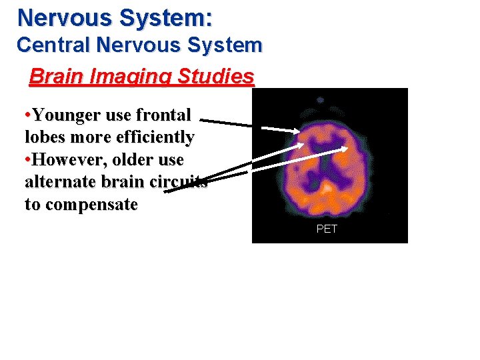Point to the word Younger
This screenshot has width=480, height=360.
point(67,115)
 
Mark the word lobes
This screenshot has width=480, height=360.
point(45,137)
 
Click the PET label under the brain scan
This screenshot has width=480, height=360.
point(327,229)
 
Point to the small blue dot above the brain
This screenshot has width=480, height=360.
point(321,99)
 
